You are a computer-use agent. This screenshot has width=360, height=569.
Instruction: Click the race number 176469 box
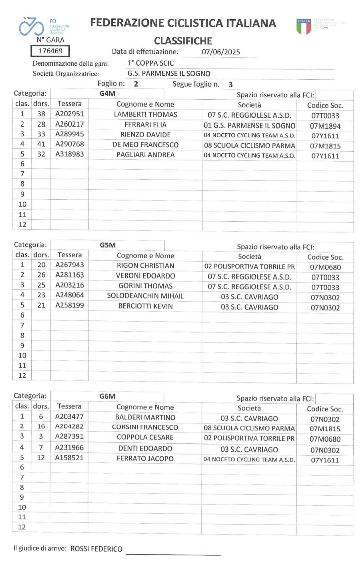click(x=50, y=51)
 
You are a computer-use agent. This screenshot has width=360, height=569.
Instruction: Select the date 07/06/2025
click(x=221, y=52)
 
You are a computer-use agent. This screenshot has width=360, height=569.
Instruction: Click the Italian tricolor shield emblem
click(x=304, y=26)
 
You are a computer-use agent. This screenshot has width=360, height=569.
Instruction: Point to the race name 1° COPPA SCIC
click(x=150, y=63)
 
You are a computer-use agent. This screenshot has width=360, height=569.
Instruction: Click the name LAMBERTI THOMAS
click(x=145, y=114)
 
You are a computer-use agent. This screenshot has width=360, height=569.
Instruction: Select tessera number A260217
click(x=69, y=124)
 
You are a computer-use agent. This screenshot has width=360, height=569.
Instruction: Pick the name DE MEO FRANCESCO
click(x=145, y=145)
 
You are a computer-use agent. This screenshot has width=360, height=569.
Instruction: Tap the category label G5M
click(x=107, y=245)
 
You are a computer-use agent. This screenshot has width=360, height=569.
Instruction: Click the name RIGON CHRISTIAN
click(x=145, y=266)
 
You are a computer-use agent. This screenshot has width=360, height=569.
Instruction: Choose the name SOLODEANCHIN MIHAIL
click(x=145, y=296)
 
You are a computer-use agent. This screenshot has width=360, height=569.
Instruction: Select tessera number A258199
click(x=69, y=305)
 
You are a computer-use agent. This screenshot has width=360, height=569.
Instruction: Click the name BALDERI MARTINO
click(x=145, y=417)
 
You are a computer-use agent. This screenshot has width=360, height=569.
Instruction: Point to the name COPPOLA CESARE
click(x=145, y=437)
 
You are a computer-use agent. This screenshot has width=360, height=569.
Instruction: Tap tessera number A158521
click(x=69, y=457)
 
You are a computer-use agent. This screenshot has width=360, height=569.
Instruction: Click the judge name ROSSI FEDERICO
click(x=96, y=549)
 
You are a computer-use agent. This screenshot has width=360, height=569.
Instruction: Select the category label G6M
click(x=107, y=396)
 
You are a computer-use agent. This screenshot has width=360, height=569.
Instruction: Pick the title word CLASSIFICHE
click(x=183, y=41)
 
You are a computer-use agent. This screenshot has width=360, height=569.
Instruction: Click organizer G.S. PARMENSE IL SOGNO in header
click(x=169, y=73)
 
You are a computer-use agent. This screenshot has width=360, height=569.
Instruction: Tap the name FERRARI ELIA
click(x=145, y=125)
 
